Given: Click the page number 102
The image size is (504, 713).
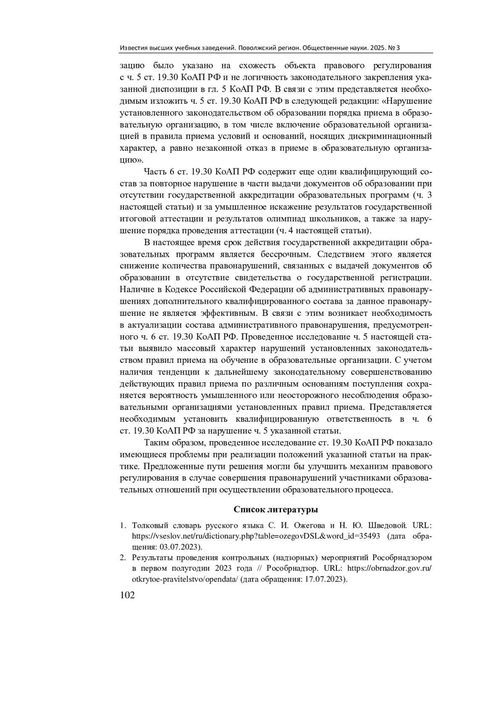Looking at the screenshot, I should click(x=127, y=595).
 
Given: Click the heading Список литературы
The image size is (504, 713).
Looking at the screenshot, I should click(x=276, y=510).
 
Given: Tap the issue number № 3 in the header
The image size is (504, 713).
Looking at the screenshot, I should click(x=394, y=48).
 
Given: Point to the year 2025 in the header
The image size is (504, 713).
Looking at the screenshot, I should click(x=375, y=48).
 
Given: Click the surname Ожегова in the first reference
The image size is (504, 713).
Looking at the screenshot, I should click(x=294, y=526).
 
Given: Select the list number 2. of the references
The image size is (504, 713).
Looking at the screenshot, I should click(x=123, y=558).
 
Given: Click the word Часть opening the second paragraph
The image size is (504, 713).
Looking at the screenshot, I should click(x=155, y=172).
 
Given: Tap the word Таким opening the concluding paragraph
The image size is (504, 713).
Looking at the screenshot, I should click(x=155, y=442).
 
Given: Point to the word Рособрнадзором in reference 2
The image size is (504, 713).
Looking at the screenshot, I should click(x=402, y=558).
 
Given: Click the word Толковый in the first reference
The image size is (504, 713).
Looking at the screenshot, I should click(x=147, y=526).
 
